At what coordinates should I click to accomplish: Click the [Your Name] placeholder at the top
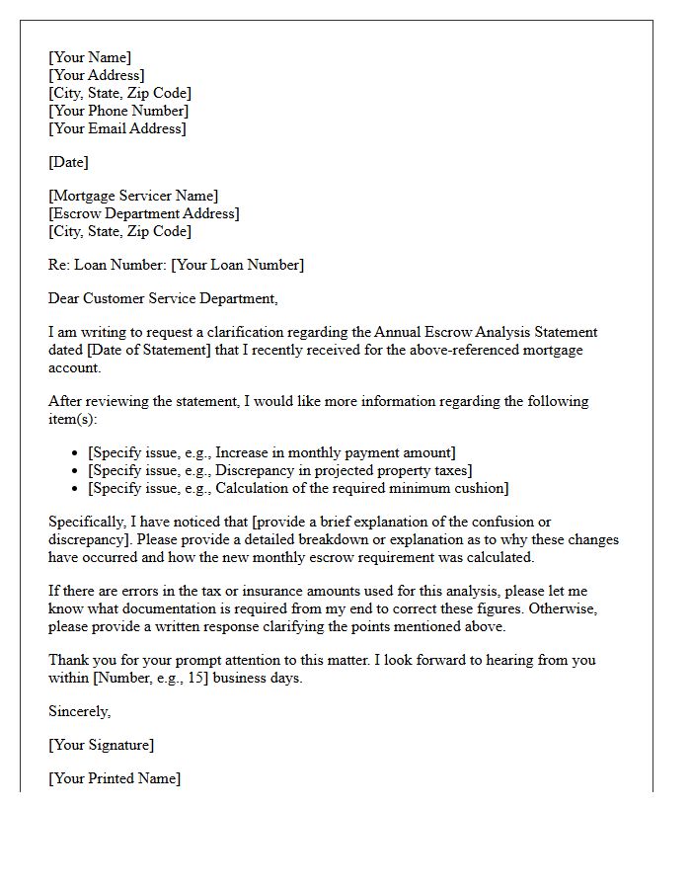(x=90, y=57)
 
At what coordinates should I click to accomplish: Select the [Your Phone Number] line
(x=118, y=111)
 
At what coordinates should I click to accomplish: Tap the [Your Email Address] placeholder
(x=117, y=128)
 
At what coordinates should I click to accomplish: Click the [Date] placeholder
(x=68, y=162)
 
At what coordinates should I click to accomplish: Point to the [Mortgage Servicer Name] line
(x=133, y=196)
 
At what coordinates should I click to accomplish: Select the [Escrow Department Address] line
(x=144, y=213)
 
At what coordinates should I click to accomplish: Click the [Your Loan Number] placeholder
(x=237, y=265)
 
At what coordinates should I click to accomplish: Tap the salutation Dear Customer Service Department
(x=163, y=298)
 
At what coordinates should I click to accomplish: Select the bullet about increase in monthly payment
(x=271, y=452)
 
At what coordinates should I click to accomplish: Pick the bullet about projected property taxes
(x=279, y=470)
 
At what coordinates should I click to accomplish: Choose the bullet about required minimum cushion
(x=298, y=488)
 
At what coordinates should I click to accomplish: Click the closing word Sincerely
(x=80, y=711)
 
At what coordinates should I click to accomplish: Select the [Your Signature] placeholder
(x=102, y=745)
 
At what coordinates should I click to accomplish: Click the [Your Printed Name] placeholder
(x=115, y=778)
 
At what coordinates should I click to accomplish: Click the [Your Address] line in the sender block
(x=97, y=75)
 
